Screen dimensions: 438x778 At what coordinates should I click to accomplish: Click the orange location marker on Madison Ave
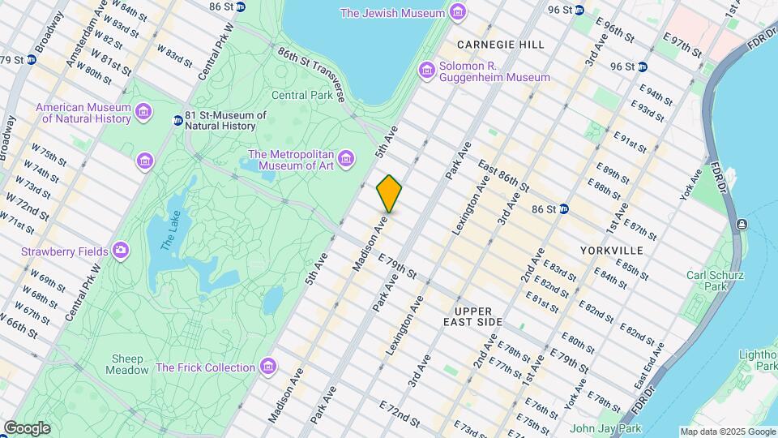pyautogui.click(x=389, y=194)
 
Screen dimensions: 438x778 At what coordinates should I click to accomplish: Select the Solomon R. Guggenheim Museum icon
pyautogui.click(x=427, y=71)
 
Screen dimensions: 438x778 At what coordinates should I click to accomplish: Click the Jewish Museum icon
pyautogui.click(x=458, y=13)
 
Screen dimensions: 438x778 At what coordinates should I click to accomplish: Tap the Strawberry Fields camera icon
pyautogui.click(x=121, y=251)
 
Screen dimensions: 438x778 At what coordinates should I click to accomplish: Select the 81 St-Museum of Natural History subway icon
pyautogui.click(x=177, y=121)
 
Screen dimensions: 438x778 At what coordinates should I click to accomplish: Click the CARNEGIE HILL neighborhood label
pyautogui.click(x=500, y=44)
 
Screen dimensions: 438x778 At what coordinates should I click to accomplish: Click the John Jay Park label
pyautogui.click(x=605, y=428)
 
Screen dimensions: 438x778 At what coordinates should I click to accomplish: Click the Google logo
pyautogui.click(x=27, y=428)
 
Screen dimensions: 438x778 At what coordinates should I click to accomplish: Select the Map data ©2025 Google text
pyautogui.click(x=727, y=432)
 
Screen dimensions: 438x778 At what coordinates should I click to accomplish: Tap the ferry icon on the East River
pyautogui.click(x=742, y=224)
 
